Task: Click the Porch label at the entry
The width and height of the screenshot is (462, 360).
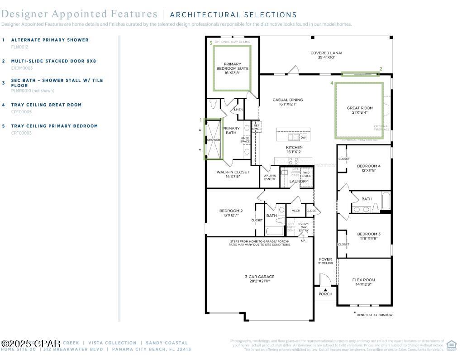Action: coord(325,294)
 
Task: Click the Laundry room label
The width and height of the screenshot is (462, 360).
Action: coord(299,182)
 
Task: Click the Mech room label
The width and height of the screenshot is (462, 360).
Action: coord(295,211)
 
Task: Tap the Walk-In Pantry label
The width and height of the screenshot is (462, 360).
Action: coord(270,177)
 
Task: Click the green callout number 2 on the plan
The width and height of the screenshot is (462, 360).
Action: coord(381,69)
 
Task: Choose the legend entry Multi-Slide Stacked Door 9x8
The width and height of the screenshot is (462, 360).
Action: coord(53,61)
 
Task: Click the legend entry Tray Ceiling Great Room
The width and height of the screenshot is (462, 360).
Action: coord(46,105)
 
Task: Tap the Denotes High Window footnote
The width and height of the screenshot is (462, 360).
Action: coord(374,315)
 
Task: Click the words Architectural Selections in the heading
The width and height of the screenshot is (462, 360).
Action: coord(233,15)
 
